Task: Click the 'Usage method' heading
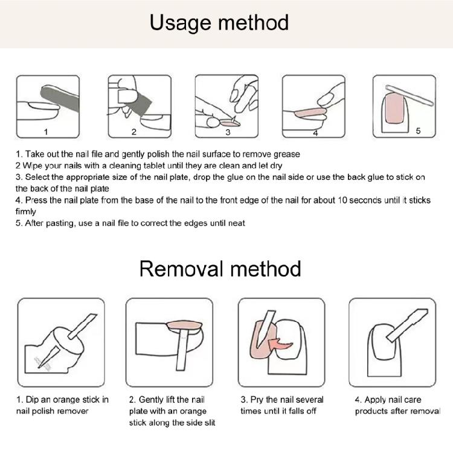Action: [x=219, y=23]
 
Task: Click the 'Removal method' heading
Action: [x=220, y=269]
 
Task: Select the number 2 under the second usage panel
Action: [x=133, y=132]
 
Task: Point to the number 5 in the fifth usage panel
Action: [x=418, y=131]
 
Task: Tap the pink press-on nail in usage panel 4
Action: [x=310, y=113]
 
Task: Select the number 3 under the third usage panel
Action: [x=228, y=132]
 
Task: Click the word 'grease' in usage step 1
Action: [x=286, y=154]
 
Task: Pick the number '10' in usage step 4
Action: [x=342, y=200]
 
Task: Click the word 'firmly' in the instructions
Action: [x=26, y=212]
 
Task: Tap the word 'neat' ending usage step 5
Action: [x=237, y=223]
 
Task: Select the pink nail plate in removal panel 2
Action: [x=184, y=326]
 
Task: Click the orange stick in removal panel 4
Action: [x=407, y=325]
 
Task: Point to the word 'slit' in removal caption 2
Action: [x=210, y=423]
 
